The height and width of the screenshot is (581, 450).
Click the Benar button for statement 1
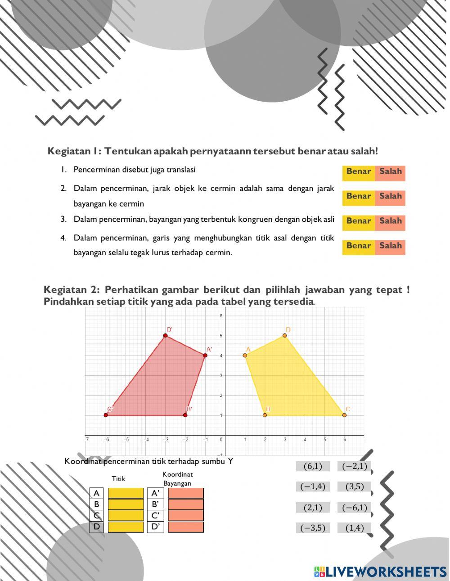pos(359,172)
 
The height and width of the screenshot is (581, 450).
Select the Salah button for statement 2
pos(390,197)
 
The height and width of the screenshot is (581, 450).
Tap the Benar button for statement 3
pos(359,221)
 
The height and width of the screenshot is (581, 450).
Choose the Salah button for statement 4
pos(390,246)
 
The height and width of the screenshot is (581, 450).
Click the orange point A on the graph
pos(245,356)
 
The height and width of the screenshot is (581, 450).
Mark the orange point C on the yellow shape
pos(344,415)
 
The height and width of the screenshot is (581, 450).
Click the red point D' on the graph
pos(166,336)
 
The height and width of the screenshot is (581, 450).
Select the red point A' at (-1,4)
pos(205,356)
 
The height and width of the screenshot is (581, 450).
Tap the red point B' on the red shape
pos(185,415)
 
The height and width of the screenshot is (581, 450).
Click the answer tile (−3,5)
pos(313,528)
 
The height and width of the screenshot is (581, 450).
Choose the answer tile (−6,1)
pos(355,508)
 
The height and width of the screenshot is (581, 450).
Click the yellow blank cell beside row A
pos(126,493)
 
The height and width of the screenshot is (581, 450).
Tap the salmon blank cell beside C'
pos(186,516)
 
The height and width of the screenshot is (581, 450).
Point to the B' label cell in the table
pos(156,504)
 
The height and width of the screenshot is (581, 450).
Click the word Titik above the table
pos(118,479)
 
